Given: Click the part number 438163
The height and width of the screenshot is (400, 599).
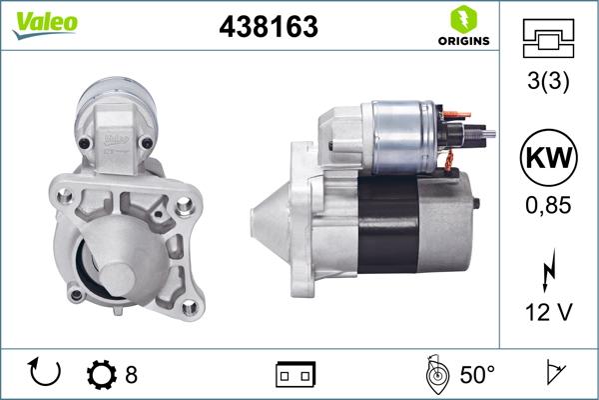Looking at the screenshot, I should [x=268, y=28].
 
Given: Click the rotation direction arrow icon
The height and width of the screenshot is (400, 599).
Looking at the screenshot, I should [x=46, y=374].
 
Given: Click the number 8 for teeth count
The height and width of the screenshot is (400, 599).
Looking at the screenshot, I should [x=131, y=375].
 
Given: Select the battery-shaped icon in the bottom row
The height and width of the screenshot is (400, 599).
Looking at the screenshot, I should [x=295, y=375].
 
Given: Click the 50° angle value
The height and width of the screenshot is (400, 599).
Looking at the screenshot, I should [x=476, y=375].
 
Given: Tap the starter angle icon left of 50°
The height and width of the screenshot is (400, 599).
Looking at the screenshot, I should [x=434, y=374].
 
